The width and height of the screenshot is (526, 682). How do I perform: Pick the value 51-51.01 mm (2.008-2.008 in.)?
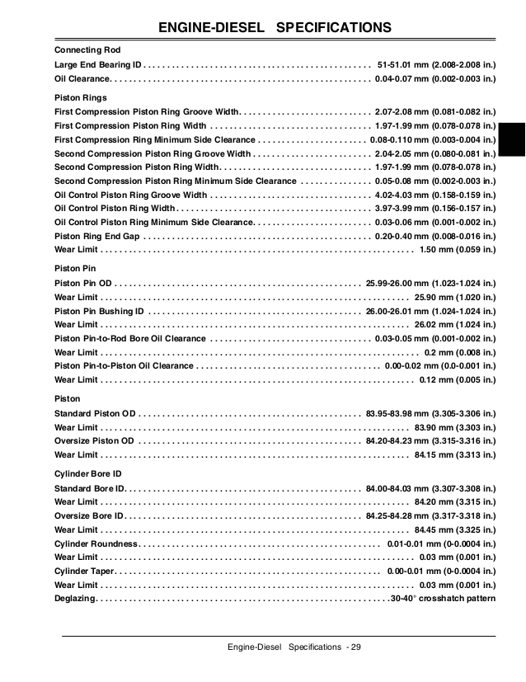tap(436, 64)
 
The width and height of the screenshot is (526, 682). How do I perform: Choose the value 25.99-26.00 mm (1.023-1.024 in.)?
tap(431, 283)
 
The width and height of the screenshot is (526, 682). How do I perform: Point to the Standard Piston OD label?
tap(95, 412)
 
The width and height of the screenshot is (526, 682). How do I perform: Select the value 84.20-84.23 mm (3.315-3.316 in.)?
tap(431, 440)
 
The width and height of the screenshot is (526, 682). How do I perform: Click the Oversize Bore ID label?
tap(90, 515)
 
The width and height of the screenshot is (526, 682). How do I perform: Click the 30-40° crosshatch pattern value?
tap(444, 599)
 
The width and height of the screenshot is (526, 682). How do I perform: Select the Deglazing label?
tap(75, 599)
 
